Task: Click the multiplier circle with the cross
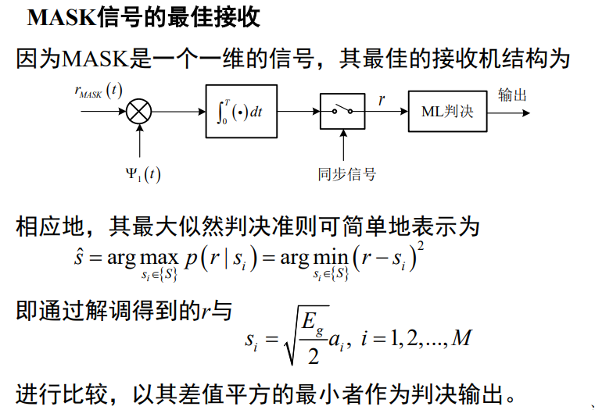(139, 111)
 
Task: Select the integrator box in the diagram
(241, 111)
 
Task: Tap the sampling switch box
(342, 111)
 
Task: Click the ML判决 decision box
(442, 111)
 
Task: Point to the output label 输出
(512, 95)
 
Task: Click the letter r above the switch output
(382, 100)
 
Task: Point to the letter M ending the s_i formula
(463, 337)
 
